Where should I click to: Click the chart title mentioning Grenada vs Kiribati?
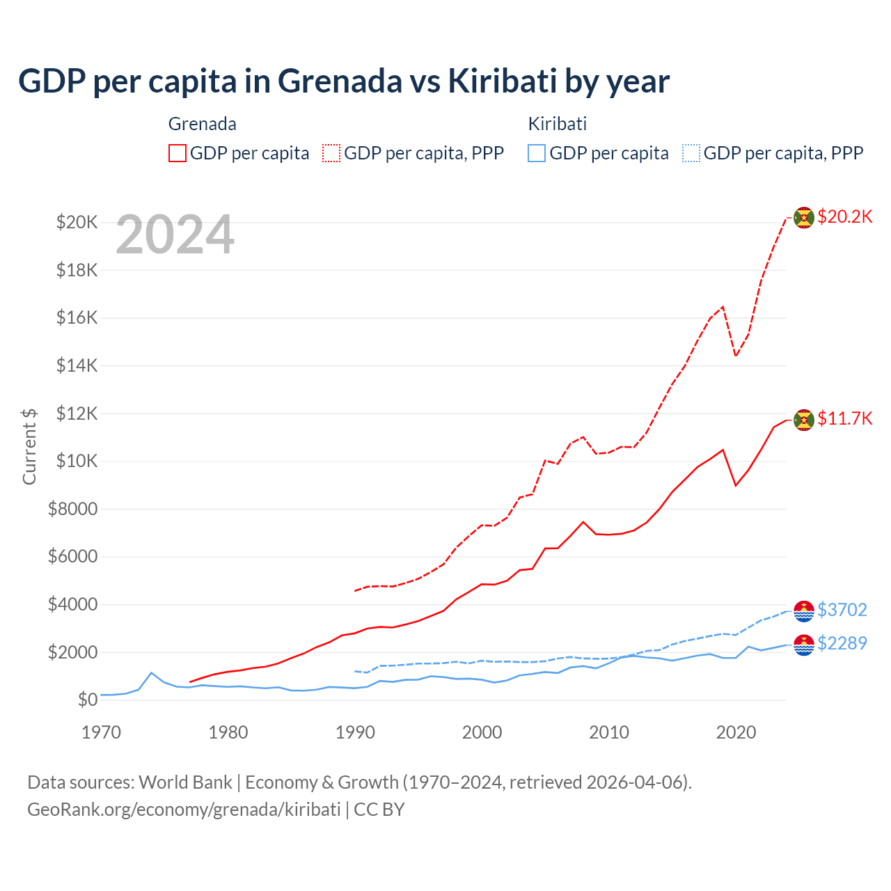click(x=343, y=81)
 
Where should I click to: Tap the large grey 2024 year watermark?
click(x=175, y=235)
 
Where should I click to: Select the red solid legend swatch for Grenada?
click(x=178, y=153)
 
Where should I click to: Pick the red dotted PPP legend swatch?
click(x=331, y=153)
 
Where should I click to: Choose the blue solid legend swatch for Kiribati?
click(x=537, y=153)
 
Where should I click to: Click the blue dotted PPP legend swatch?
click(x=691, y=153)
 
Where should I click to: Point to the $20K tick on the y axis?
click(x=77, y=223)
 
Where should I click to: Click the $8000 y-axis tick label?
click(x=72, y=509)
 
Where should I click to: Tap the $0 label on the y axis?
click(x=87, y=700)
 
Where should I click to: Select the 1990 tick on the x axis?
click(x=355, y=732)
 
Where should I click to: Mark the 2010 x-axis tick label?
click(x=609, y=732)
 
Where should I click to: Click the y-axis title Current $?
click(x=29, y=446)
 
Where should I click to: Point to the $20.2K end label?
click(x=844, y=216)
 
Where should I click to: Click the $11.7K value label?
click(x=844, y=418)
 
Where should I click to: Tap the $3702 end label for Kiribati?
click(x=842, y=610)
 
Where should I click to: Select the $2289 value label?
click(x=842, y=643)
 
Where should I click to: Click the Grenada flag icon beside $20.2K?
click(x=804, y=218)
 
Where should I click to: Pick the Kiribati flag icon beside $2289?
click(x=804, y=645)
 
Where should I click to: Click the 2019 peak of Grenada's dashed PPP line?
click(x=723, y=307)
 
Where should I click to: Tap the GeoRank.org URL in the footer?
click(x=184, y=810)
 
